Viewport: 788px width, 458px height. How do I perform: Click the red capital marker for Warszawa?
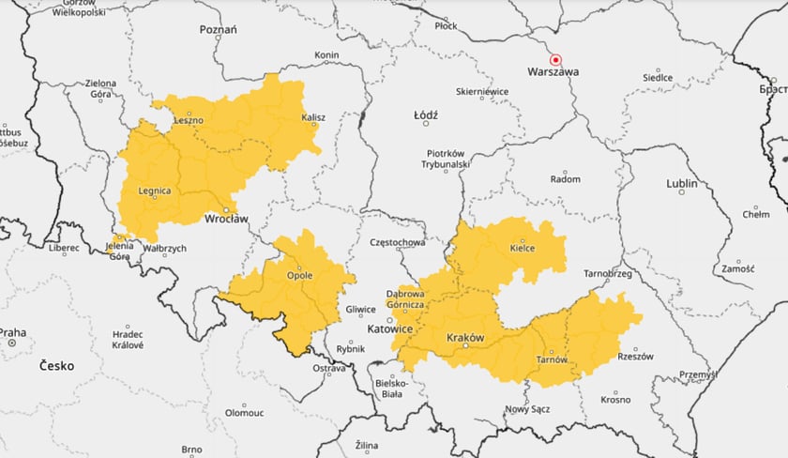(x=554, y=58)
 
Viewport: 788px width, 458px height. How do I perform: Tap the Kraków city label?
(x=465, y=337)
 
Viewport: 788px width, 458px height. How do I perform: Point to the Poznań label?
(x=218, y=29)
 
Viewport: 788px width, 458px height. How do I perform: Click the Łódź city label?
(x=426, y=114)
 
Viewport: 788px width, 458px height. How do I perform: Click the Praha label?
(x=12, y=332)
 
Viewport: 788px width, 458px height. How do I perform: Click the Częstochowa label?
(x=399, y=242)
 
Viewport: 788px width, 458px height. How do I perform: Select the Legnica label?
(x=154, y=191)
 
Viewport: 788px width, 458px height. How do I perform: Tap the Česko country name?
(x=56, y=366)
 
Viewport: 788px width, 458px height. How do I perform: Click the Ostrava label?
(x=329, y=368)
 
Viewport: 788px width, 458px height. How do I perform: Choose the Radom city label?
(x=565, y=178)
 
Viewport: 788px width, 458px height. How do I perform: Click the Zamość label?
(x=737, y=268)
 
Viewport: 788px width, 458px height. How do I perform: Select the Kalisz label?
(x=312, y=117)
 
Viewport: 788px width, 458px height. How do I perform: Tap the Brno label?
(x=191, y=449)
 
